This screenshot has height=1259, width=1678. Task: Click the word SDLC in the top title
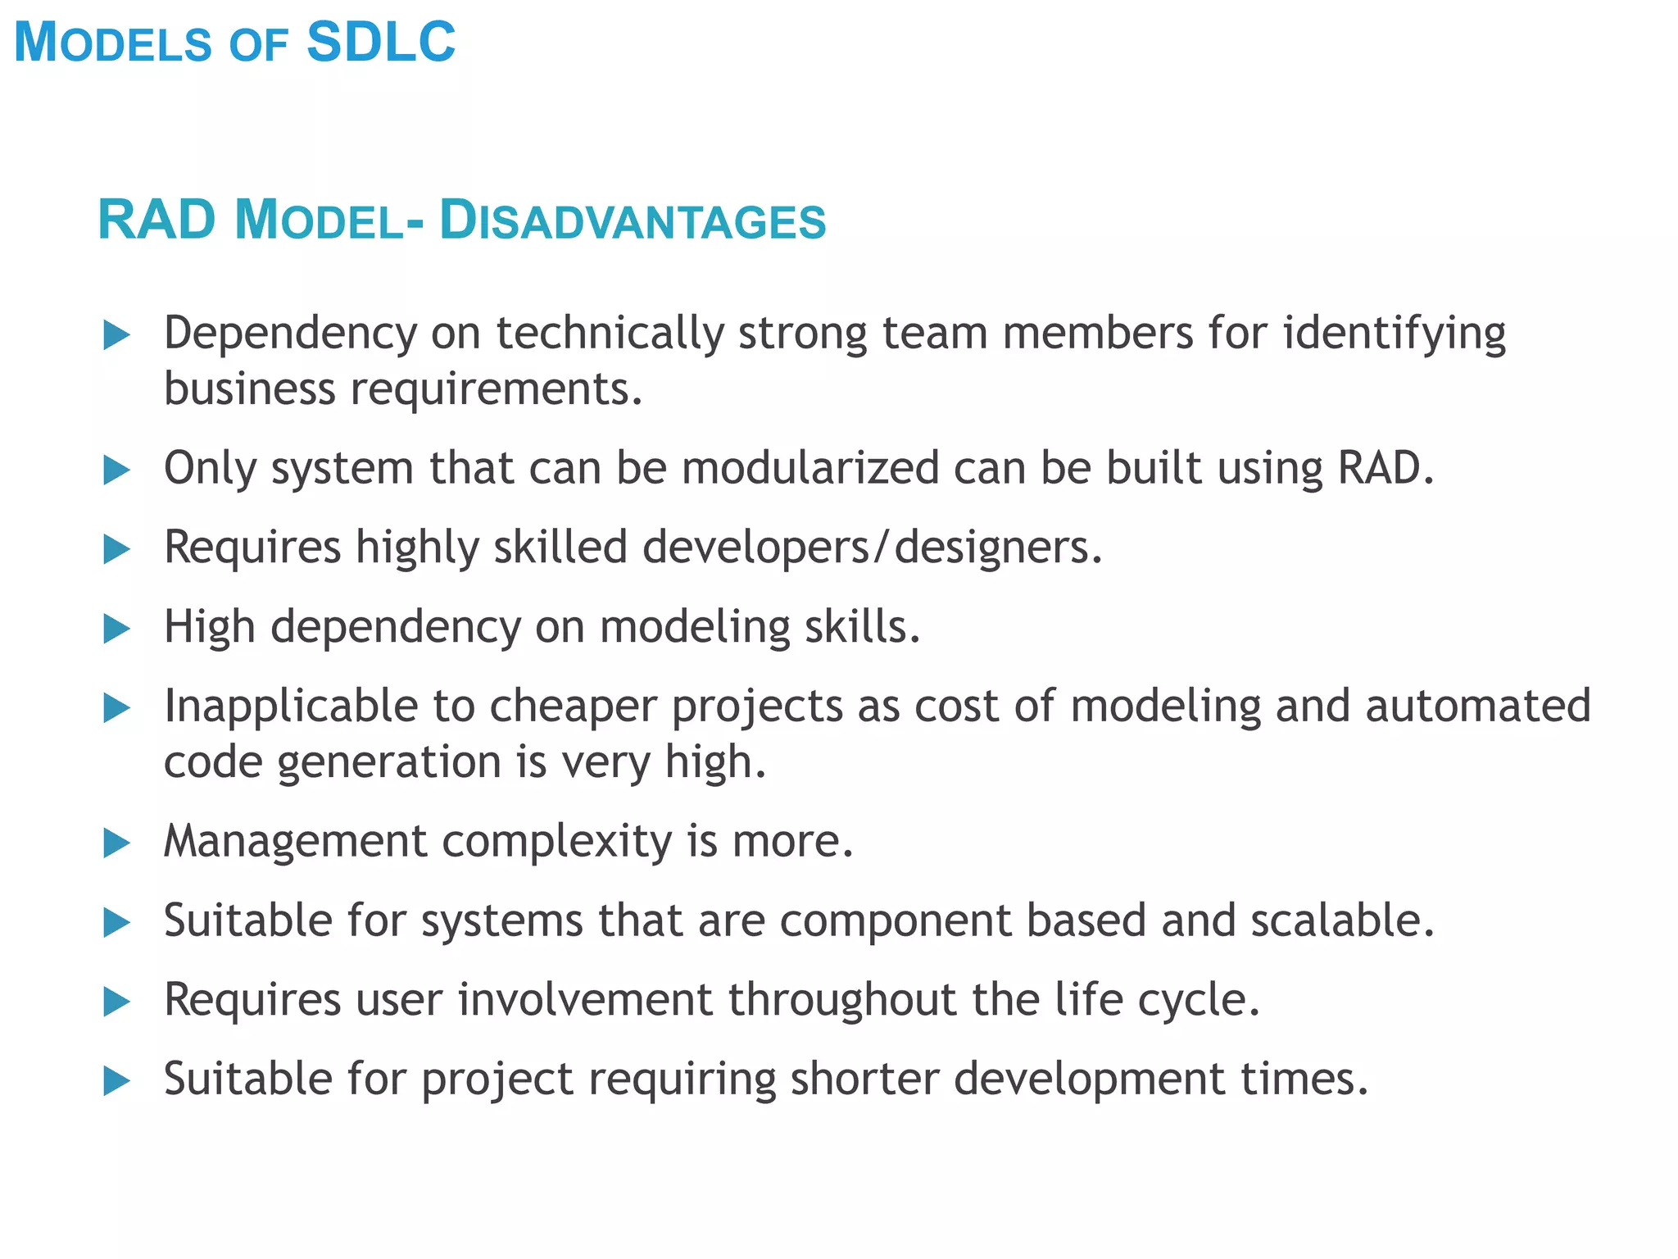[380, 43]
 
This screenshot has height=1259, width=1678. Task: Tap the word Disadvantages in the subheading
[633, 221]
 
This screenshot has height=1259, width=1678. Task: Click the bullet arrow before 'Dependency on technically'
[117, 335]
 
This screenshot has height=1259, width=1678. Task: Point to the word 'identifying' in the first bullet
[1394, 334]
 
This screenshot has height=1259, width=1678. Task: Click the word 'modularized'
[810, 469]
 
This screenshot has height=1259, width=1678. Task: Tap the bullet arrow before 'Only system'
[117, 470]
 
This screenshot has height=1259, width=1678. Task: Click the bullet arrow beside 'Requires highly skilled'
[117, 550]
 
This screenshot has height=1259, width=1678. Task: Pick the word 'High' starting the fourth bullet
[210, 627]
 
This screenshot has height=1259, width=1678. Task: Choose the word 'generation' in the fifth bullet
[389, 763]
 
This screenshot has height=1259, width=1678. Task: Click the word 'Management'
[295, 842]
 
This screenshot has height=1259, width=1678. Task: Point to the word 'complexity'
[557, 842]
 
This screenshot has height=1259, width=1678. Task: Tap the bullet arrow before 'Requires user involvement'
[117, 1002]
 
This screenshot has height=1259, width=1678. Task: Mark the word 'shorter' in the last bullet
[864, 1079]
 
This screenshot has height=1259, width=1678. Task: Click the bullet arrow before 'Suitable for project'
[117, 1081]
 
